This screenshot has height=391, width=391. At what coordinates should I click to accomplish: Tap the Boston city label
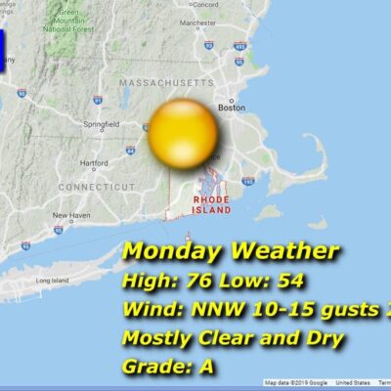[x=232, y=109]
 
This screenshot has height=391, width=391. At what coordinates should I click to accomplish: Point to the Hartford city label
[x=95, y=163]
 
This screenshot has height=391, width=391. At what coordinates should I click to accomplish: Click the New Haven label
[x=71, y=215]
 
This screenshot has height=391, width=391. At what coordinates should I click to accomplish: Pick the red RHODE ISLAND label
[x=212, y=204]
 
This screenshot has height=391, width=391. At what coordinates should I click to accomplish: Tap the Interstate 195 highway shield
[x=248, y=181]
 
